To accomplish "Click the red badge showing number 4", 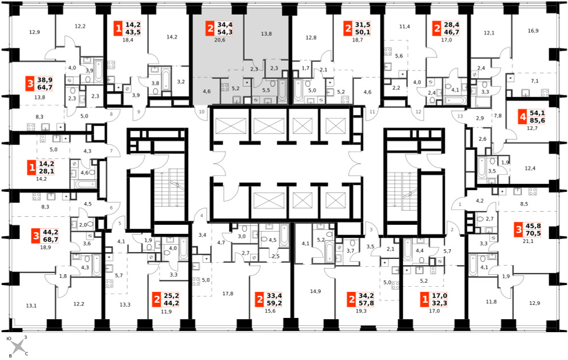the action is pyautogui.click(x=522, y=117).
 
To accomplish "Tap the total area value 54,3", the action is pyautogui.click(x=225, y=32).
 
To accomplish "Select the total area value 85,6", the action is pyautogui.click(x=537, y=120).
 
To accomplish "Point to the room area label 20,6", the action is pyautogui.click(x=219, y=40).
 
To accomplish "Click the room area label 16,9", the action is pyautogui.click(x=533, y=31).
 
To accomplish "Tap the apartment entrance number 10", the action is pyautogui.click(x=202, y=111).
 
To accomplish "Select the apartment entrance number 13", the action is pyautogui.click(x=460, y=116).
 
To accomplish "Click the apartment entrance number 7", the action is pyautogui.click(x=111, y=150).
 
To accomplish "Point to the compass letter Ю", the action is pyautogui.click(x=10, y=338).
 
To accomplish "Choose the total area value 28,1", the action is pyautogui.click(x=46, y=171).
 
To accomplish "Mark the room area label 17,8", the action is pyautogui.click(x=228, y=294).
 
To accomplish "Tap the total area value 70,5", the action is pyautogui.click(x=533, y=233).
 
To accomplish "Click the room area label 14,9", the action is pyautogui.click(x=315, y=291).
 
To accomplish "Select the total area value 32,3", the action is pyautogui.click(x=440, y=303).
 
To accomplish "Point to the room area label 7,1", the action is pyautogui.click(x=534, y=81).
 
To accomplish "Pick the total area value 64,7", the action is pyautogui.click(x=45, y=87).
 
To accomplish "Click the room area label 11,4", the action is pyautogui.click(x=404, y=27).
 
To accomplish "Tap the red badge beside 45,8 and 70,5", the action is pyautogui.click(x=519, y=229).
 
